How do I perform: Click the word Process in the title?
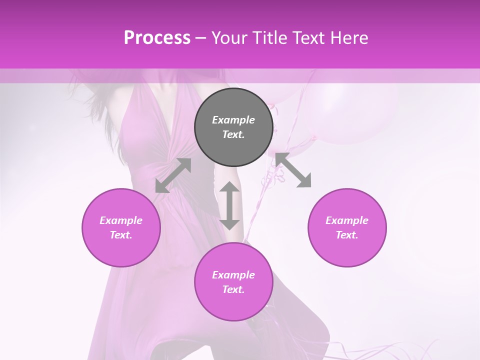157,38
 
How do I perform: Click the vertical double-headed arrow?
229,205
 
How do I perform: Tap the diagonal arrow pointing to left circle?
173,175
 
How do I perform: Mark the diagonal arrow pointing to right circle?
293,170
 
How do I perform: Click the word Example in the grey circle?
233,120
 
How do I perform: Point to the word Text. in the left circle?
121,235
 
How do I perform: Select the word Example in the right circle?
347,220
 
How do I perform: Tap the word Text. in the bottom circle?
233,289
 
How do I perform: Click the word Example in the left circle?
121,220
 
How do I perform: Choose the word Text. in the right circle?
347,235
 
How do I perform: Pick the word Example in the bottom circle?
233,275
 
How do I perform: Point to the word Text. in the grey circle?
233,134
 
